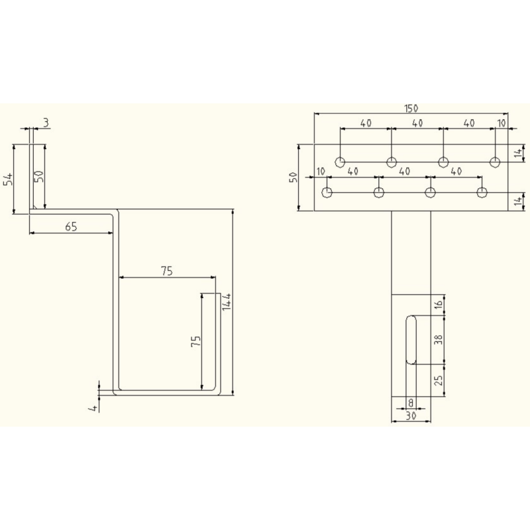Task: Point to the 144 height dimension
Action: [x=226, y=302]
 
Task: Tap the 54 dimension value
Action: [x=8, y=179]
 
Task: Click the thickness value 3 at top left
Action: [x=46, y=122]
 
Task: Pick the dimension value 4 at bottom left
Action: [x=95, y=407]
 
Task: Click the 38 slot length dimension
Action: [x=438, y=339]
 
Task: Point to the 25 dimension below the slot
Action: [x=438, y=380]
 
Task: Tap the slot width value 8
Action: [x=411, y=403]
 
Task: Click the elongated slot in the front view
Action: [x=411, y=339]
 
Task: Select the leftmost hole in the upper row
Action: [x=341, y=162]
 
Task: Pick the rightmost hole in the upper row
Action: [x=494, y=162]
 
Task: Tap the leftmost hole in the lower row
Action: [x=327, y=193]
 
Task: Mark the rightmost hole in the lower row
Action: [x=482, y=193]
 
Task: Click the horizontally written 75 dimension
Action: [x=167, y=270]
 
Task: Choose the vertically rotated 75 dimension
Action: [x=195, y=341]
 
